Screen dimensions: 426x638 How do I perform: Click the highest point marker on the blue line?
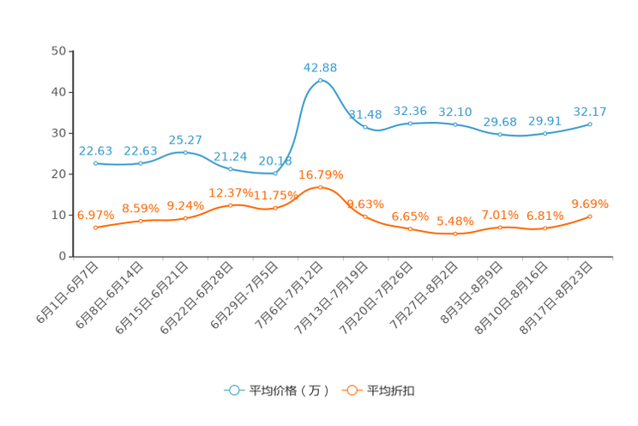tap(320, 81)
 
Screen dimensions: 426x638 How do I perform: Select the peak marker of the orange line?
tap(320, 186)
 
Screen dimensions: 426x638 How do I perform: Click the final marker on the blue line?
tap(591, 125)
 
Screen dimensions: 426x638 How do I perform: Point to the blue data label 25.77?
tap(185, 140)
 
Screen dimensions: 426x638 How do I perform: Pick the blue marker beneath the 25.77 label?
tap(185, 153)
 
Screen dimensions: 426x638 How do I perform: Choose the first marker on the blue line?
tap(95, 163)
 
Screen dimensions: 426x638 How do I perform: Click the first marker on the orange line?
tap(95, 228)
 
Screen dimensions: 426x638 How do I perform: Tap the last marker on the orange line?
tap(591, 216)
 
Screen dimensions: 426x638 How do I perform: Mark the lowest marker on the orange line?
tap(455, 234)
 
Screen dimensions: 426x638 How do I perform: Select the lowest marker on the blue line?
tap(275, 174)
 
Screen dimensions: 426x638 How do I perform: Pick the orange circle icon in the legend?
tap(352, 390)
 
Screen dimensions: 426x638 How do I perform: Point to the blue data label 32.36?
tap(410, 112)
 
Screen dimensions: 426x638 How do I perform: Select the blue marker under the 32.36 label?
tap(410, 124)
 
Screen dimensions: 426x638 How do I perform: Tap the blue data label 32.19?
tap(455, 113)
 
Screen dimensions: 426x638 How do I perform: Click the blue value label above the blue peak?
tap(321, 67)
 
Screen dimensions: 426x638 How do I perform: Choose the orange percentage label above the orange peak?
tap(321, 174)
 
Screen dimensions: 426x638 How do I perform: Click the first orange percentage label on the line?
tap(95, 216)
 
